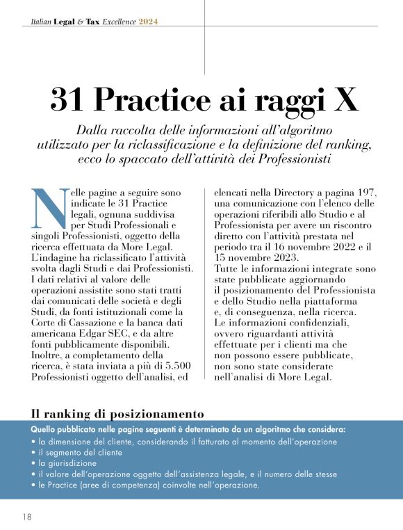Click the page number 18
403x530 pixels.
(x=26, y=517)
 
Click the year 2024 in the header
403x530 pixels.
(x=148, y=22)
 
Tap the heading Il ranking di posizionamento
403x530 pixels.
(x=118, y=414)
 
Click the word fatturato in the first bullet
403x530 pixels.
(x=223, y=441)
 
